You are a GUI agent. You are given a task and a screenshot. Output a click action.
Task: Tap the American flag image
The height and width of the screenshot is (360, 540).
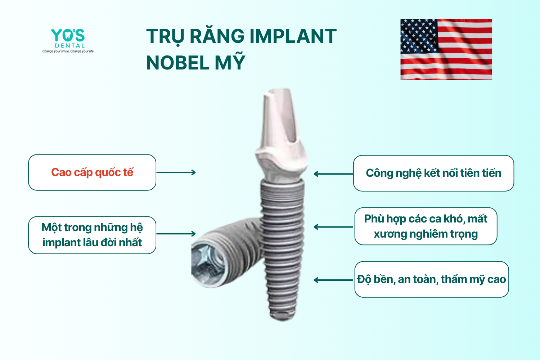tap(446, 49)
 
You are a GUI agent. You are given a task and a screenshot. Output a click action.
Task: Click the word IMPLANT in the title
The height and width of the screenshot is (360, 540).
tap(293, 36)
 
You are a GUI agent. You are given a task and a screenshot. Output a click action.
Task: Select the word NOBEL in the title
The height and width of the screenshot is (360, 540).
tap(177, 63)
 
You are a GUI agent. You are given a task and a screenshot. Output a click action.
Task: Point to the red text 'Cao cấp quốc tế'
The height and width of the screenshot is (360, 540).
tap(92, 172)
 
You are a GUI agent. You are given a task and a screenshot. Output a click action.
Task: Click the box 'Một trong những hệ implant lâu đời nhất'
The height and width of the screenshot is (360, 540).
tap(92, 235)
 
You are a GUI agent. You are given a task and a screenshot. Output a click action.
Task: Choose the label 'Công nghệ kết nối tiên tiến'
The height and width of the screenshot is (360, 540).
tap(433, 173)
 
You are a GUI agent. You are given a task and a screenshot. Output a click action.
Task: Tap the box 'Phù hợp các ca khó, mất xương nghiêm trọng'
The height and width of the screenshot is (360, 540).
tap(426, 226)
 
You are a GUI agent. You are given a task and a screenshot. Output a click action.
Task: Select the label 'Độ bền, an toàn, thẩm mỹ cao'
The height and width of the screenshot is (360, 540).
tap(432, 279)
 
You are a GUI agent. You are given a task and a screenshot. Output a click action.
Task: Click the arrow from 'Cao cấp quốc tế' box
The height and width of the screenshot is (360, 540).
tap(176, 172)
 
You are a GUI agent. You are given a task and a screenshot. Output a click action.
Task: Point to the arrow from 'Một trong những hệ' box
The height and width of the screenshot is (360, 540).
tap(176, 233)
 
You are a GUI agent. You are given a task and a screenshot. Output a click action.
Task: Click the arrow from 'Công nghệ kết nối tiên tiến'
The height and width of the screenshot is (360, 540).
tap(333, 174)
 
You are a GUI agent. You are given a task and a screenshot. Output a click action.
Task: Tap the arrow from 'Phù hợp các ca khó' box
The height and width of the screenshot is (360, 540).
tap(333, 227)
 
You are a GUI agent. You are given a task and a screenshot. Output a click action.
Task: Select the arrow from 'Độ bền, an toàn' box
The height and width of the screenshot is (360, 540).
tap(333, 280)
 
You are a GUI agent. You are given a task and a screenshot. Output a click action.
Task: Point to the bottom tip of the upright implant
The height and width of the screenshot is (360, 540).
tap(283, 320)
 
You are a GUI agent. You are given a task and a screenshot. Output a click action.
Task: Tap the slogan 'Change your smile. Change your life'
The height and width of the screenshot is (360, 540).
tap(68, 51)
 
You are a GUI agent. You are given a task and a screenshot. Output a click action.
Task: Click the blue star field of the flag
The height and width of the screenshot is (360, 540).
tap(419, 36)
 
